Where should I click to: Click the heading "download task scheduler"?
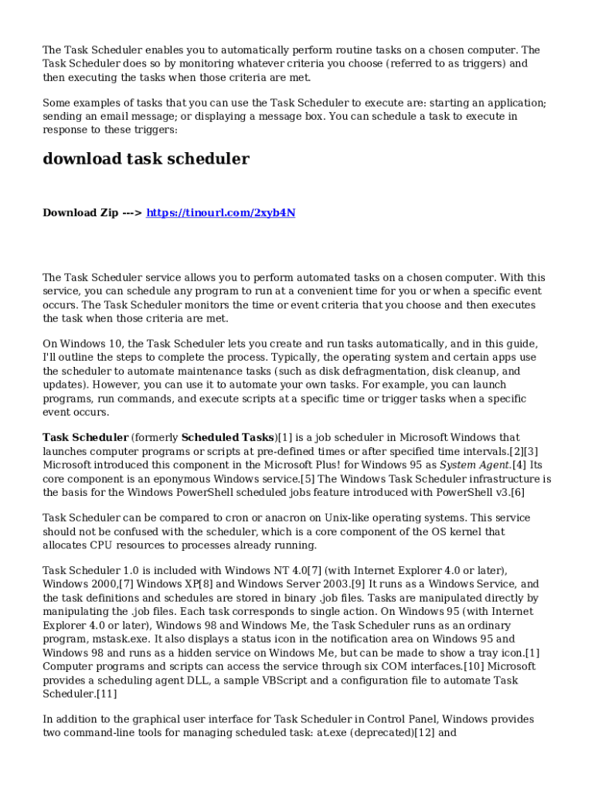point(145,159)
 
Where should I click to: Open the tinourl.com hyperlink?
point(220,212)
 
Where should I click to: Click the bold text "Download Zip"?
point(80,212)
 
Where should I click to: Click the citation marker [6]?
point(517,491)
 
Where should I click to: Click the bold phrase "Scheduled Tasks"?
point(227,437)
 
